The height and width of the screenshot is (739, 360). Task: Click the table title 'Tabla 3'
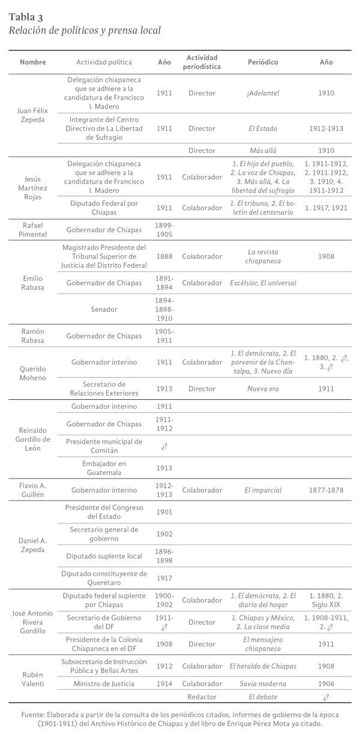click(x=26, y=16)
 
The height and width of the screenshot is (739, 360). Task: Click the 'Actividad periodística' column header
click(x=202, y=62)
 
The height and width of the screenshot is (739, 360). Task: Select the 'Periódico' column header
click(x=263, y=62)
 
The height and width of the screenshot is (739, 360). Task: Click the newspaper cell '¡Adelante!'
click(x=263, y=94)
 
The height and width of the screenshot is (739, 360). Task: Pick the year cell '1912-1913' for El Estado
click(x=326, y=128)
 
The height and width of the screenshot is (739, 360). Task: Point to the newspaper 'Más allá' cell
click(x=263, y=150)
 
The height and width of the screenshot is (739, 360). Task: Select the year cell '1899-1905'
click(x=164, y=229)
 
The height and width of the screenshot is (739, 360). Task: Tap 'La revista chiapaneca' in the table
click(x=263, y=256)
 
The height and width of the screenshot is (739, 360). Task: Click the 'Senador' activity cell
click(x=104, y=310)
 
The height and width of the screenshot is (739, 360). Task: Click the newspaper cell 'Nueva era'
click(x=263, y=388)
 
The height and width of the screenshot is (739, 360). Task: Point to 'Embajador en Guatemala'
click(x=104, y=468)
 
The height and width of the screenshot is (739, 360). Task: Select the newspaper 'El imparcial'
click(x=263, y=490)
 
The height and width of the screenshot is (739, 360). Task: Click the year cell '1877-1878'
click(x=326, y=490)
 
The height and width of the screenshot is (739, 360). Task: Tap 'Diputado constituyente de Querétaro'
click(x=104, y=578)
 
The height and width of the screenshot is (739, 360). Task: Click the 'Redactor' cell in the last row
click(x=202, y=696)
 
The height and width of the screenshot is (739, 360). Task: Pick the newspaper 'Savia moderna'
click(x=263, y=683)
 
